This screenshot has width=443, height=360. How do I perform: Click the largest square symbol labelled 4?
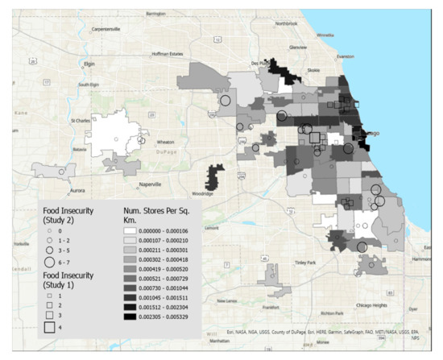50,326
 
